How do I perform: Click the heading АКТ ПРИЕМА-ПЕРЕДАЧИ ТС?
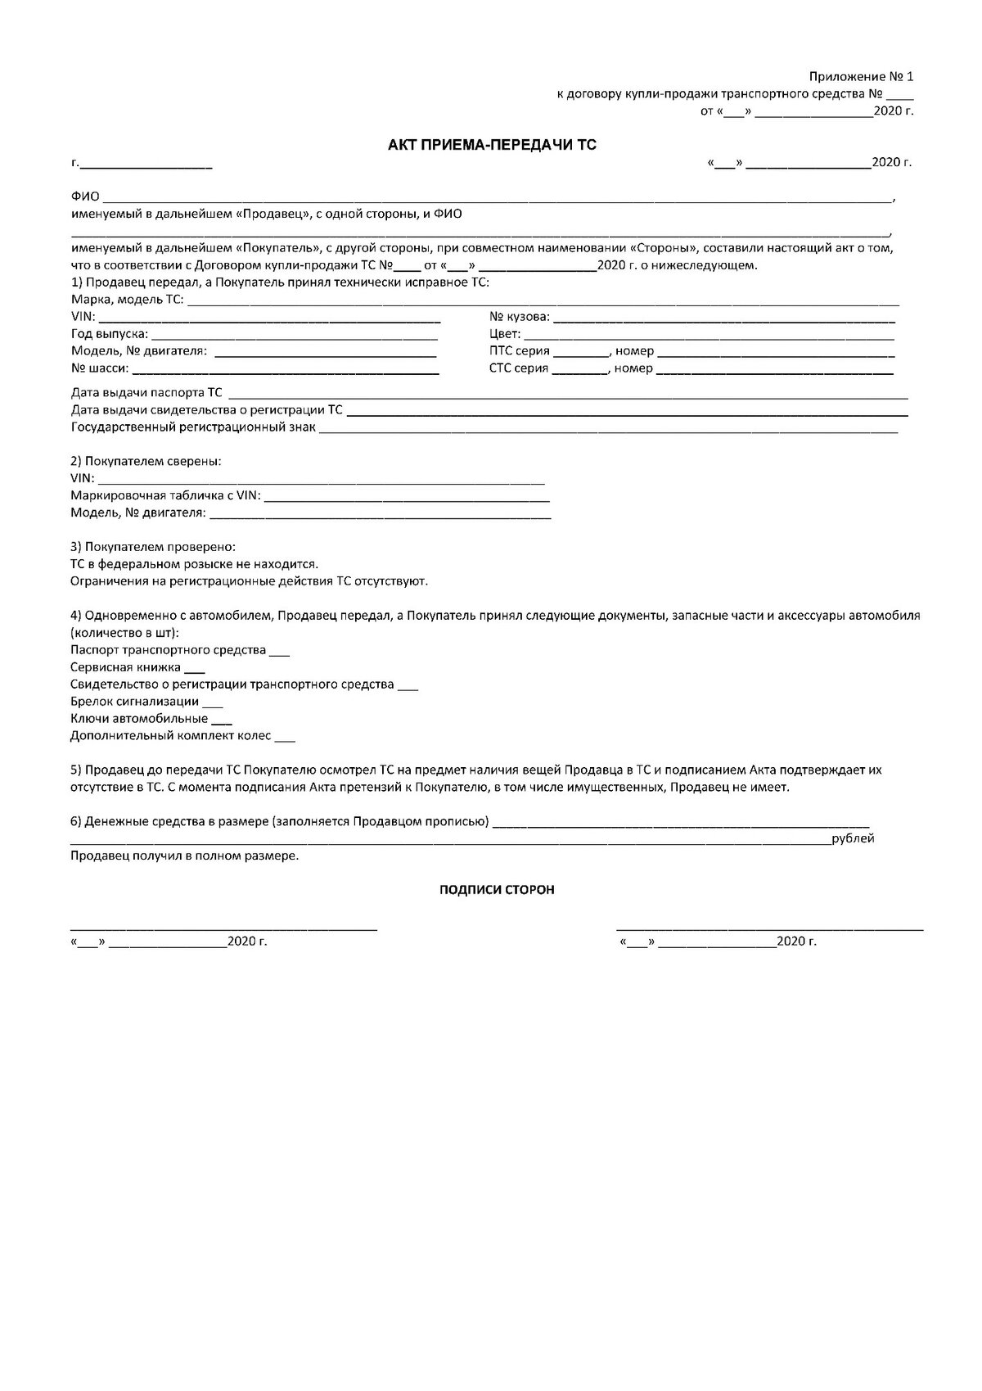(x=492, y=146)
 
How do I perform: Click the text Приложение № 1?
(x=861, y=76)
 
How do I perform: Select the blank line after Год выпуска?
(x=295, y=336)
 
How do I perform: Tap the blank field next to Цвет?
(x=709, y=336)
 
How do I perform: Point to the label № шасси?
(x=99, y=368)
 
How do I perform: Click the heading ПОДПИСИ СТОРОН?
(x=497, y=890)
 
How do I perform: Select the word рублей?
(x=853, y=839)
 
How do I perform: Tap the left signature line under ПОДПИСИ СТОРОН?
(x=223, y=928)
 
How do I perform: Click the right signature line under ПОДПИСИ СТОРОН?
(x=769, y=928)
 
